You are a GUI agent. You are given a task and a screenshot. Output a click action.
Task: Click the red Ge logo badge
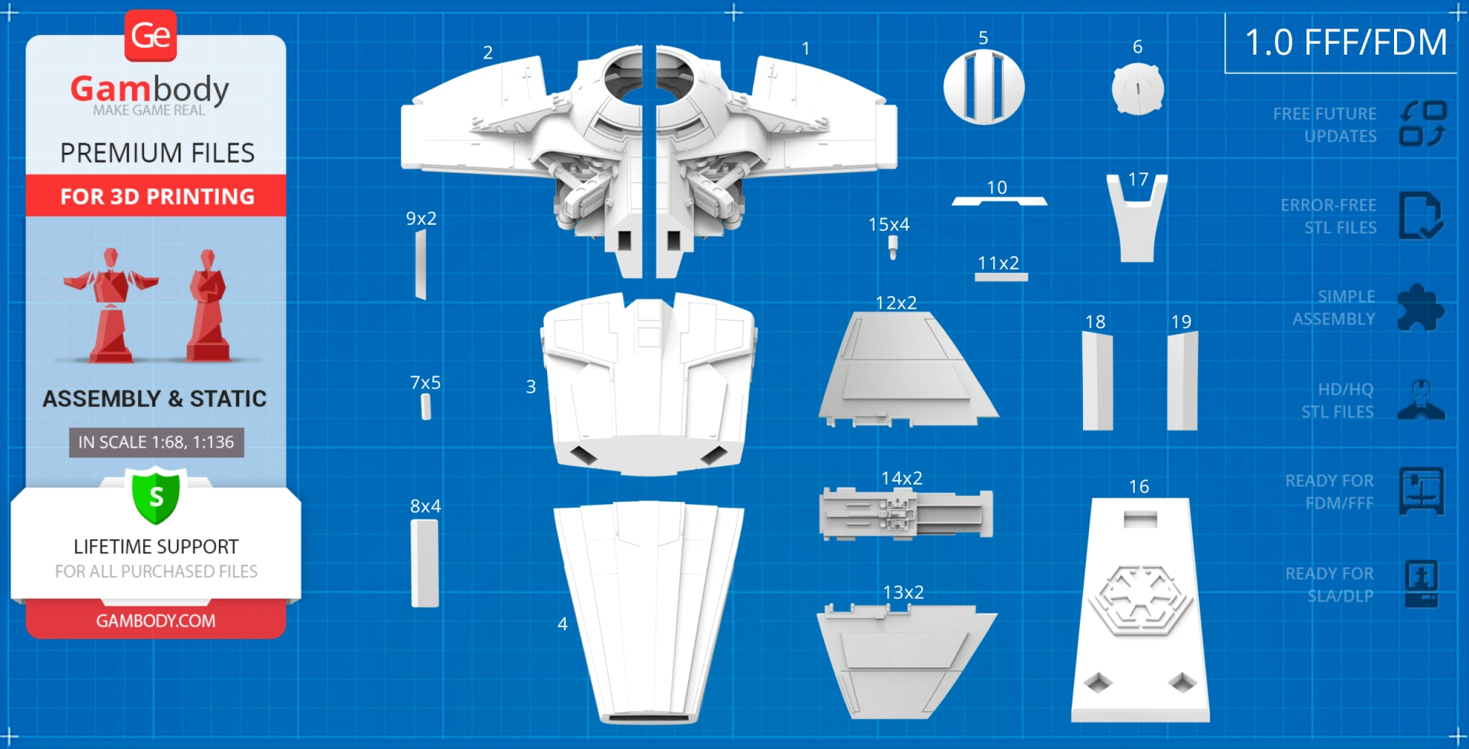click(x=151, y=35)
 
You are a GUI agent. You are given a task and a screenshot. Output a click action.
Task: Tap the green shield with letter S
click(x=156, y=495)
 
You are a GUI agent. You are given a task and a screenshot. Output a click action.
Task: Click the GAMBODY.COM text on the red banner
click(x=156, y=621)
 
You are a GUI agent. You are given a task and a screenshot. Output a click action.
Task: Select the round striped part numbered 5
click(x=983, y=87)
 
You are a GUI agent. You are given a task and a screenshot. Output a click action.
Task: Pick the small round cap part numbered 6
click(x=1138, y=88)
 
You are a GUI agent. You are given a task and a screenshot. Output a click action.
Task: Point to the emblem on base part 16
click(x=1140, y=600)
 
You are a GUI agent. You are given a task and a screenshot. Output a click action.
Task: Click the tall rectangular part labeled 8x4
click(x=424, y=562)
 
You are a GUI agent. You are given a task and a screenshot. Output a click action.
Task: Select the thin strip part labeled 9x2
click(x=420, y=264)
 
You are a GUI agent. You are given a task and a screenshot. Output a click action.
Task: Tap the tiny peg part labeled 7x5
click(x=426, y=407)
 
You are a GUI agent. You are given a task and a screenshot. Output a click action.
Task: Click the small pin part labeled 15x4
click(x=893, y=247)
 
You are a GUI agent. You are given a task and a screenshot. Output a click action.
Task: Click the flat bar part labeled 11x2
click(x=1001, y=277)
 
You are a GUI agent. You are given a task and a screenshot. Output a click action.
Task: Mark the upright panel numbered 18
click(x=1097, y=381)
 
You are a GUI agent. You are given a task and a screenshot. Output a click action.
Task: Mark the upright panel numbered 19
click(x=1183, y=381)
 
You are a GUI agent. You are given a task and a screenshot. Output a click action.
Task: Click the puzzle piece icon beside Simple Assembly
click(x=1420, y=307)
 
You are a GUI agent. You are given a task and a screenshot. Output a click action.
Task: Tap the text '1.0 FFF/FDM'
click(x=1345, y=43)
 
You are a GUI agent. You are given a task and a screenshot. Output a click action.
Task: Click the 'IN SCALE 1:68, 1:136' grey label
click(x=156, y=443)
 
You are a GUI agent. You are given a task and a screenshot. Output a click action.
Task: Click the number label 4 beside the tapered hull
click(x=562, y=624)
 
